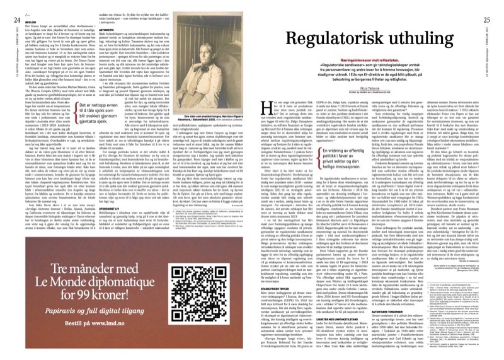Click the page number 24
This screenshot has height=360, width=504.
pos(8,6)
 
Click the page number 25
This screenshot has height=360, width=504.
pos(495,6)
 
